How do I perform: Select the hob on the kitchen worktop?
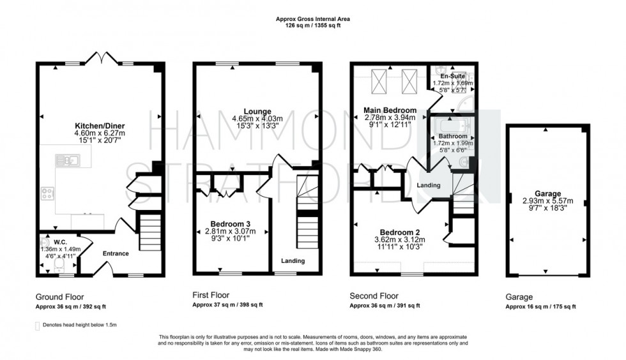tap(47, 191)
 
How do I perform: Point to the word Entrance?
tap(116, 253)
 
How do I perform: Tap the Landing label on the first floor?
tap(293, 260)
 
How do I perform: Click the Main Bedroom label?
tap(390, 110)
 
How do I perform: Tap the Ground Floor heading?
tap(59, 296)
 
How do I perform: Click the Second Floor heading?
tap(374, 296)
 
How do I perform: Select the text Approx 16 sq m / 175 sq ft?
tap(540, 307)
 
